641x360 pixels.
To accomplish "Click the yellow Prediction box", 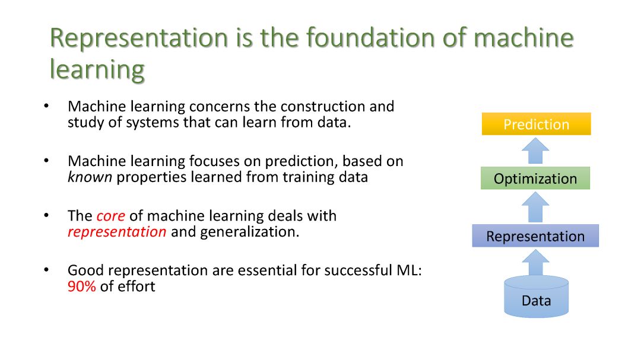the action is (x=537, y=124).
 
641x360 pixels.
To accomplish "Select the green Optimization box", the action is (x=535, y=178).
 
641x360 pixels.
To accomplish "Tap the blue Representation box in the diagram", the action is (x=535, y=236).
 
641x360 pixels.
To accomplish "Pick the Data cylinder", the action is (x=537, y=297).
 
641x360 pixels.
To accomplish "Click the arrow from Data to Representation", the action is (x=535, y=263).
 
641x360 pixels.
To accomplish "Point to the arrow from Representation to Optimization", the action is (x=535, y=207).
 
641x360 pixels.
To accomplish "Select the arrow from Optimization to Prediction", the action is (x=535, y=151).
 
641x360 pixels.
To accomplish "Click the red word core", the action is (x=111, y=216).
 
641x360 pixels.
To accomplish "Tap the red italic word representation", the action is (x=117, y=232).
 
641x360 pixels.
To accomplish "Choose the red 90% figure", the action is (x=82, y=286).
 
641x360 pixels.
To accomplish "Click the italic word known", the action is (x=90, y=177).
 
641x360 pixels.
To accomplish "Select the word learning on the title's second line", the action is (x=97, y=70).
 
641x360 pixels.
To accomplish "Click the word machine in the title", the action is (x=523, y=37).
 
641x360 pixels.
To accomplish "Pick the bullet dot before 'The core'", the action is (x=46, y=215).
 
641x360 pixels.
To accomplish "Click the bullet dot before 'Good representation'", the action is (x=46, y=270).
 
